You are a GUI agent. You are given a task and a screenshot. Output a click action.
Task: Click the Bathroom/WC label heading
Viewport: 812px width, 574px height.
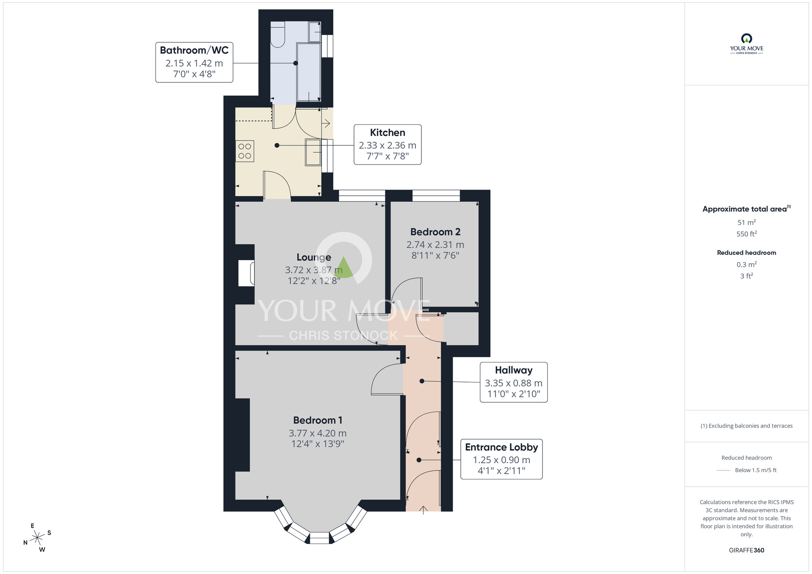[x=194, y=50]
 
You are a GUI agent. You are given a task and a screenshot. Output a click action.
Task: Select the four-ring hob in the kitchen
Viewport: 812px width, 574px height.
[x=245, y=151]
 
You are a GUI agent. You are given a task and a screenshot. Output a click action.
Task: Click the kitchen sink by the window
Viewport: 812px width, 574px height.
[x=313, y=152]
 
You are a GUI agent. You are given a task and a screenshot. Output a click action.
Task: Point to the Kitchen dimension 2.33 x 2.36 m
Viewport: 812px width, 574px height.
[x=387, y=145]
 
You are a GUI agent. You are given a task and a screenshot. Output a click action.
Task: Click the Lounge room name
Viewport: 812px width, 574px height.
[x=313, y=257]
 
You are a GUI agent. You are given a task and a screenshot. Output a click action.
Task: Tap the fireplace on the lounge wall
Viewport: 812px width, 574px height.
[x=246, y=273]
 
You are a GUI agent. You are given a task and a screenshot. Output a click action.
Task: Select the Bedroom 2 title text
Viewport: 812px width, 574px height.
[x=435, y=232]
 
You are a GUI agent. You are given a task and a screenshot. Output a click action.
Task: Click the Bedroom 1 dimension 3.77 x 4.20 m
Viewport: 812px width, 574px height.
[x=317, y=433]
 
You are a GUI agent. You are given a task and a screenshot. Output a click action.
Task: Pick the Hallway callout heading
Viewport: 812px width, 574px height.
[x=513, y=370]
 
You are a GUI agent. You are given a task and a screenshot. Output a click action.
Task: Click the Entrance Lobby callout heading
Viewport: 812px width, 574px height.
[x=501, y=447]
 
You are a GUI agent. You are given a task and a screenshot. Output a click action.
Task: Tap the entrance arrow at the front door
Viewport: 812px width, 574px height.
[x=423, y=510]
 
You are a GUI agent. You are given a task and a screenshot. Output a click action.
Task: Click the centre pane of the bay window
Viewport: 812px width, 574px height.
[x=320, y=538]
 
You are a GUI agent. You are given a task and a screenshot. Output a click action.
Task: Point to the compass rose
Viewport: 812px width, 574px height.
[x=37, y=538]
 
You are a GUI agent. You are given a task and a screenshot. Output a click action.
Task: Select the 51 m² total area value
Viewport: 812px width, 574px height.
[x=746, y=222]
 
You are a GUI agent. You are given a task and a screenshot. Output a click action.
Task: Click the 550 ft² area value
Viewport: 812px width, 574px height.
[x=746, y=234]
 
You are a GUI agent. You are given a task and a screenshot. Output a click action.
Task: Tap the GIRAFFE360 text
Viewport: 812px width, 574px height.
[x=746, y=550]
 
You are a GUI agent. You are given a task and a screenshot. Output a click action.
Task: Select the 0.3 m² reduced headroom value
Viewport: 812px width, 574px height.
[x=746, y=265]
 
